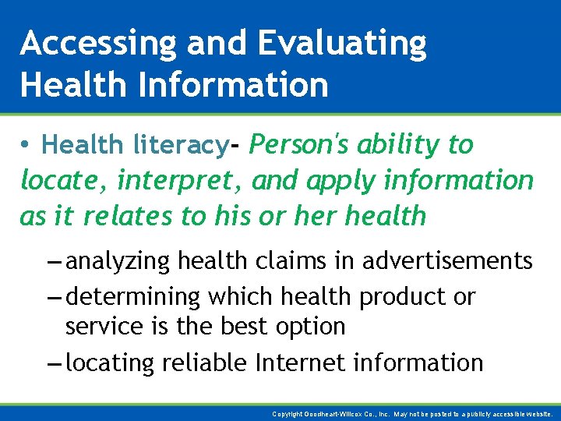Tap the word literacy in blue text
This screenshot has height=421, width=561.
[x=180, y=145]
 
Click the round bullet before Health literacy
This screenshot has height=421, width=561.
[x=26, y=145]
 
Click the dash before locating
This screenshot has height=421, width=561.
[x=54, y=363]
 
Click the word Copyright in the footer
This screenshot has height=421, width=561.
[x=288, y=414]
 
